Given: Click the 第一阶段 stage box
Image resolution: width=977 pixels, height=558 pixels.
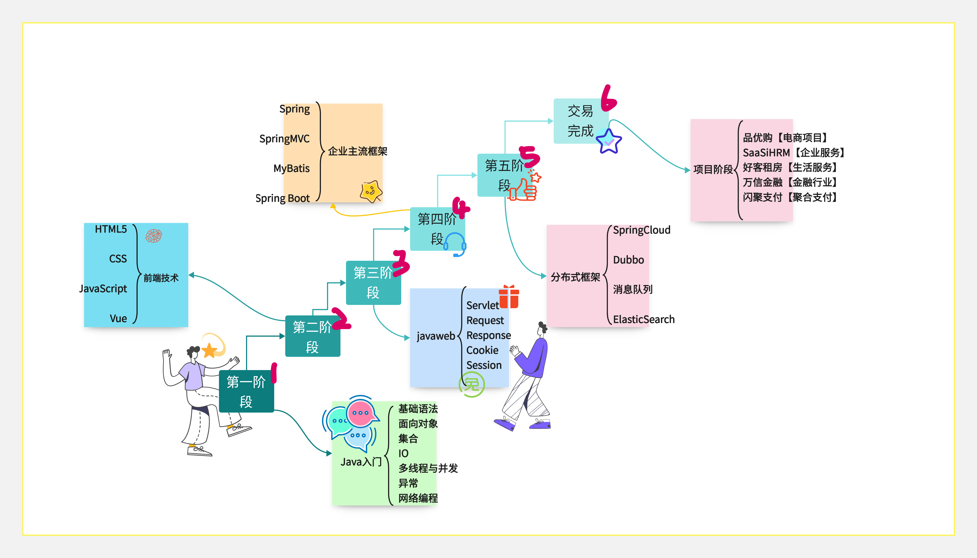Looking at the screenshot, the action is [246, 391].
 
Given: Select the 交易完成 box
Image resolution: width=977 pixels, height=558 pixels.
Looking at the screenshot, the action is [581, 121].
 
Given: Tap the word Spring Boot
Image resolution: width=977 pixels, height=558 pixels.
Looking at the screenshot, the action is [282, 198].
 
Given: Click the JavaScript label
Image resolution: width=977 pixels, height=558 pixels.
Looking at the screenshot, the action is [103, 289].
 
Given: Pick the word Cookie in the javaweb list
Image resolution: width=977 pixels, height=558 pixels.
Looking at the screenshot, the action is [482, 350].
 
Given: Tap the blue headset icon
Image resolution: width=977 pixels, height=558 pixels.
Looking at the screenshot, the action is [455, 244].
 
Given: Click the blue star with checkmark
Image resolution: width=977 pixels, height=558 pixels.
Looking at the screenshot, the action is [609, 141].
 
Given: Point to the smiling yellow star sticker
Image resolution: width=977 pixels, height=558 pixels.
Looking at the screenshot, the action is [371, 191].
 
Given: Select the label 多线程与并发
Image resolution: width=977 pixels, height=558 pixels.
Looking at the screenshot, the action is [428, 468].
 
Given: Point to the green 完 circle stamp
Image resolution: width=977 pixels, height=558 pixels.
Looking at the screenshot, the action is [472, 384].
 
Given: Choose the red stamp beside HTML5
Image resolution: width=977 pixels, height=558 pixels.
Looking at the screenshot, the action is [154, 236].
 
